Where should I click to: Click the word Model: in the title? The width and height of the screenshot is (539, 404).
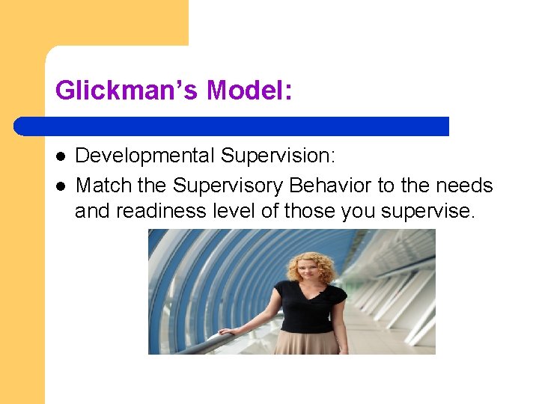coord(249,91)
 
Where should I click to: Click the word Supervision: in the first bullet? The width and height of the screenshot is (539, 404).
coord(278,156)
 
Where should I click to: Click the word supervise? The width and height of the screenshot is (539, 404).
coord(427,212)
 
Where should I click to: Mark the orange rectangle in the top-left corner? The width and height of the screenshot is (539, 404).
coord(94,22)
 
